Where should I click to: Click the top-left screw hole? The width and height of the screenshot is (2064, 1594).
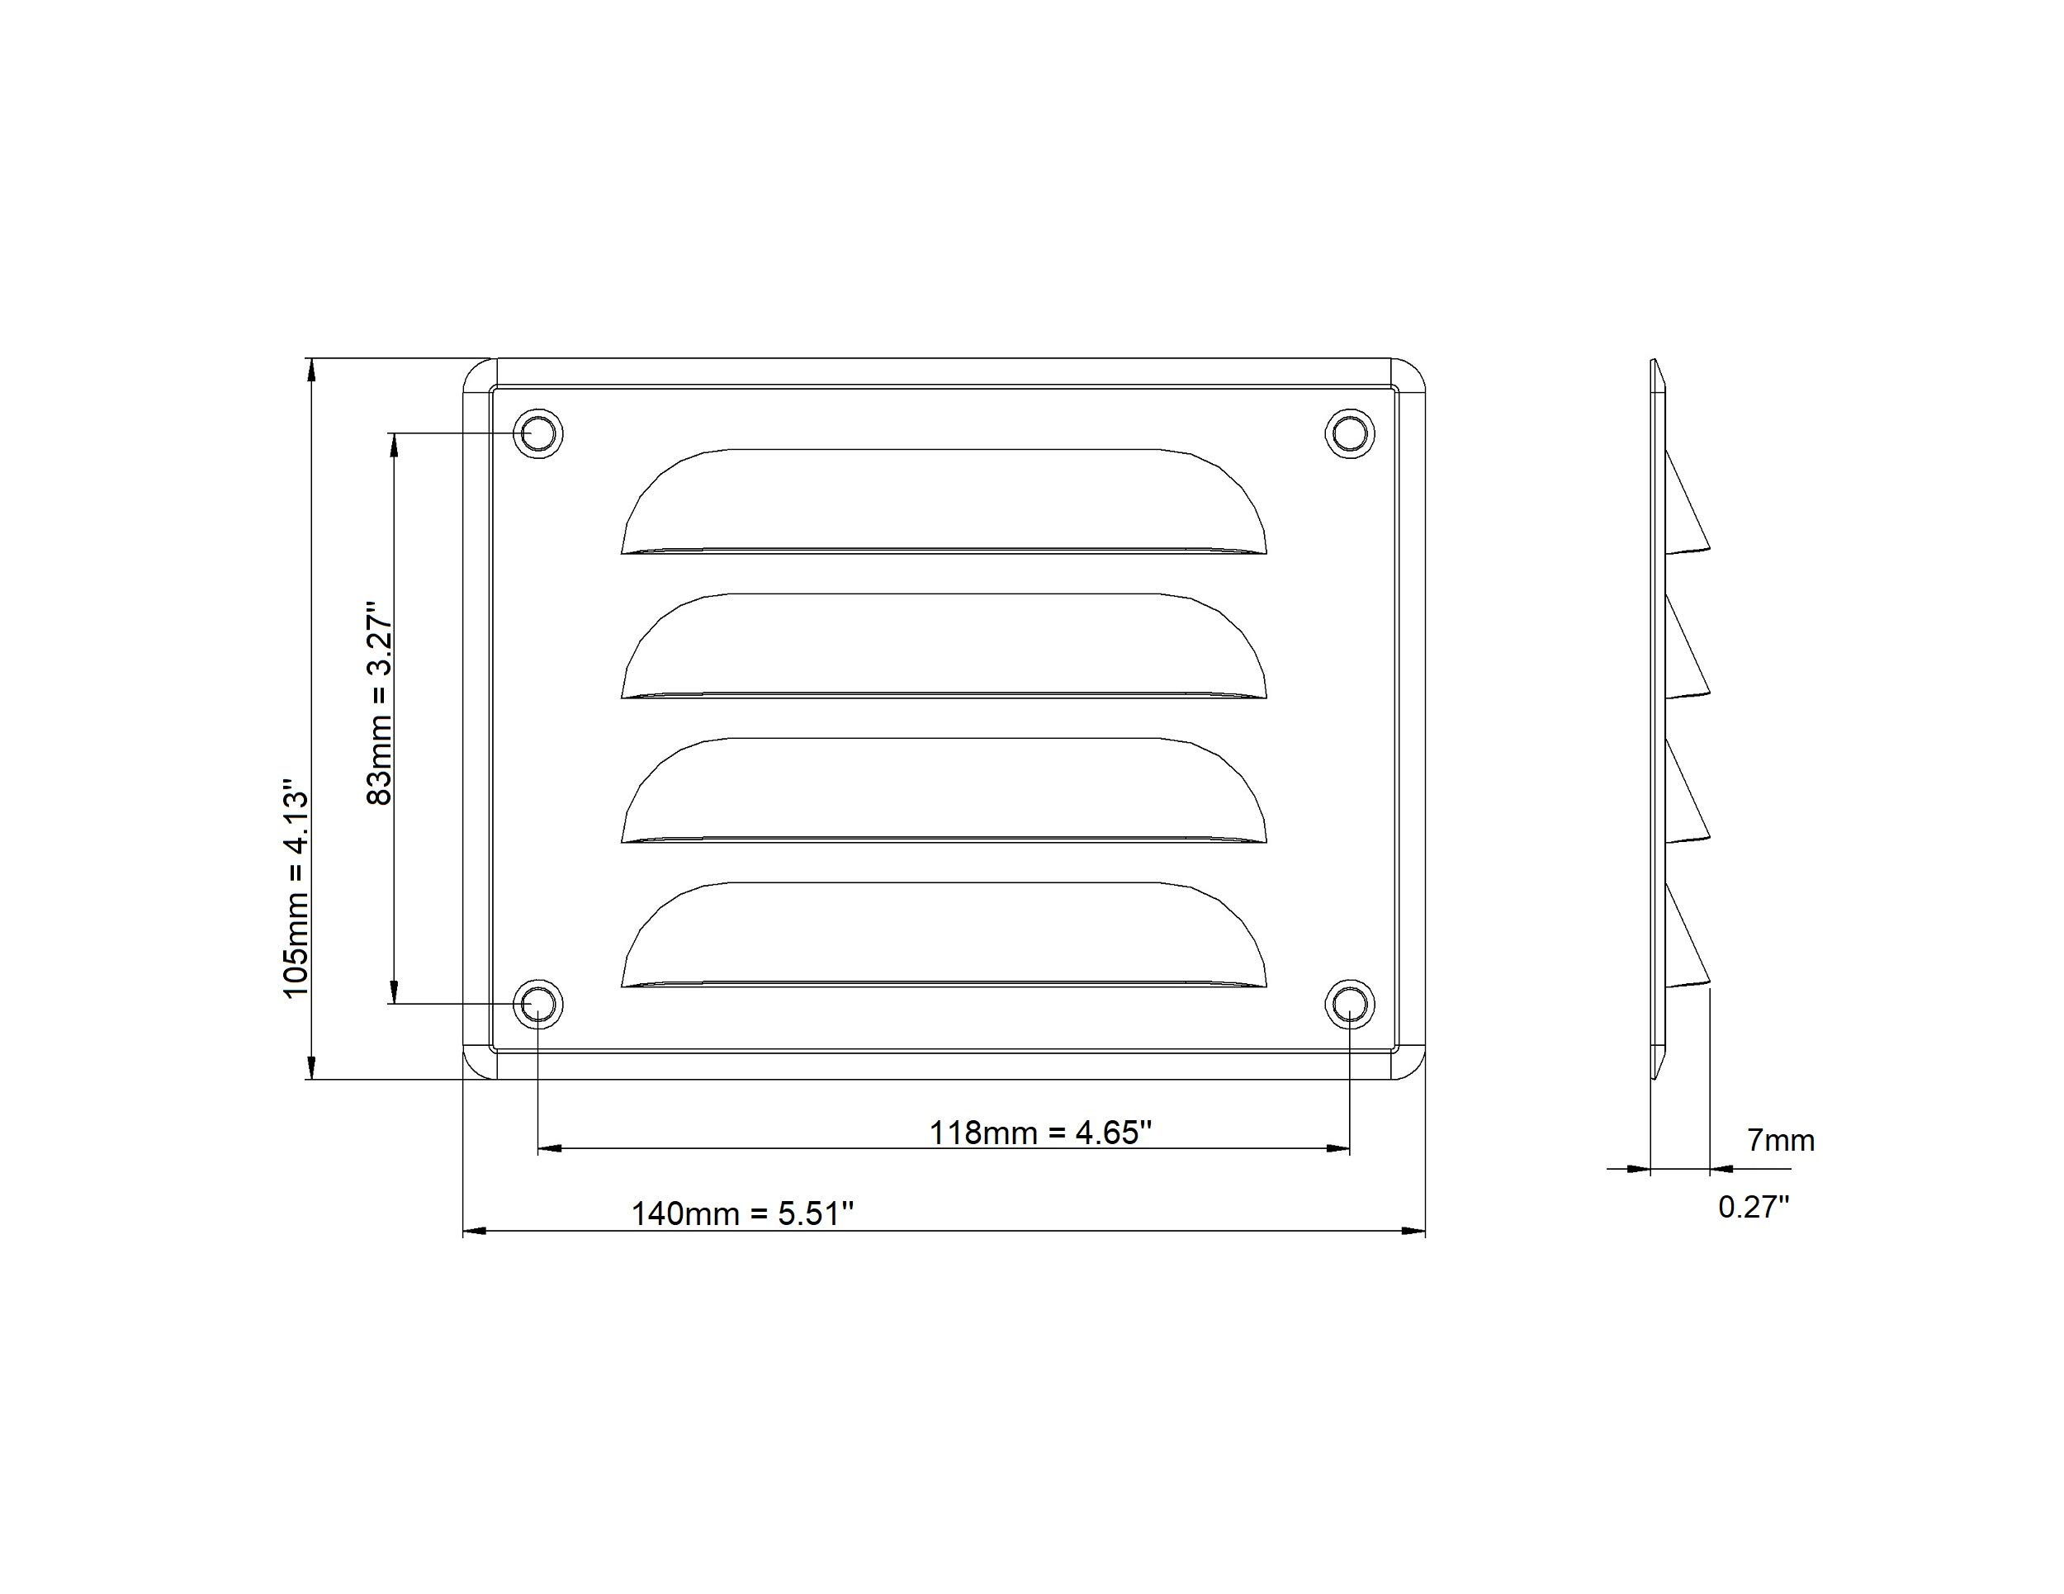click(x=537, y=433)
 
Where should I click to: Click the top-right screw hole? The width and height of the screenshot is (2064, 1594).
click(x=1350, y=433)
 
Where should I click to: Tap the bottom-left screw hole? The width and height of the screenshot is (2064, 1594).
click(x=537, y=1004)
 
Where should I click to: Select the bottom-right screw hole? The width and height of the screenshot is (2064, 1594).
click(x=1350, y=1004)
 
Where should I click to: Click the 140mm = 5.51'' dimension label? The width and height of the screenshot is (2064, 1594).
click(x=742, y=1214)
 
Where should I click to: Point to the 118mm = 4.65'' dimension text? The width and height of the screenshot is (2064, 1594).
click(x=1040, y=1133)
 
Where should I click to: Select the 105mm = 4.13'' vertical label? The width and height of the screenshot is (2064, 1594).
click(x=296, y=887)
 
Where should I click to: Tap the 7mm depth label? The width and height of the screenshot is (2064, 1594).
click(x=1781, y=1142)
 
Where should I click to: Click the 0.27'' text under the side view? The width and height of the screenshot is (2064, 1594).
click(x=1753, y=1208)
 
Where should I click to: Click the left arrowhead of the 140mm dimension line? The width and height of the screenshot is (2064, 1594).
click(x=473, y=1231)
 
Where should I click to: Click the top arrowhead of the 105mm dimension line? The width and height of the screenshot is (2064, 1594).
click(x=310, y=370)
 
